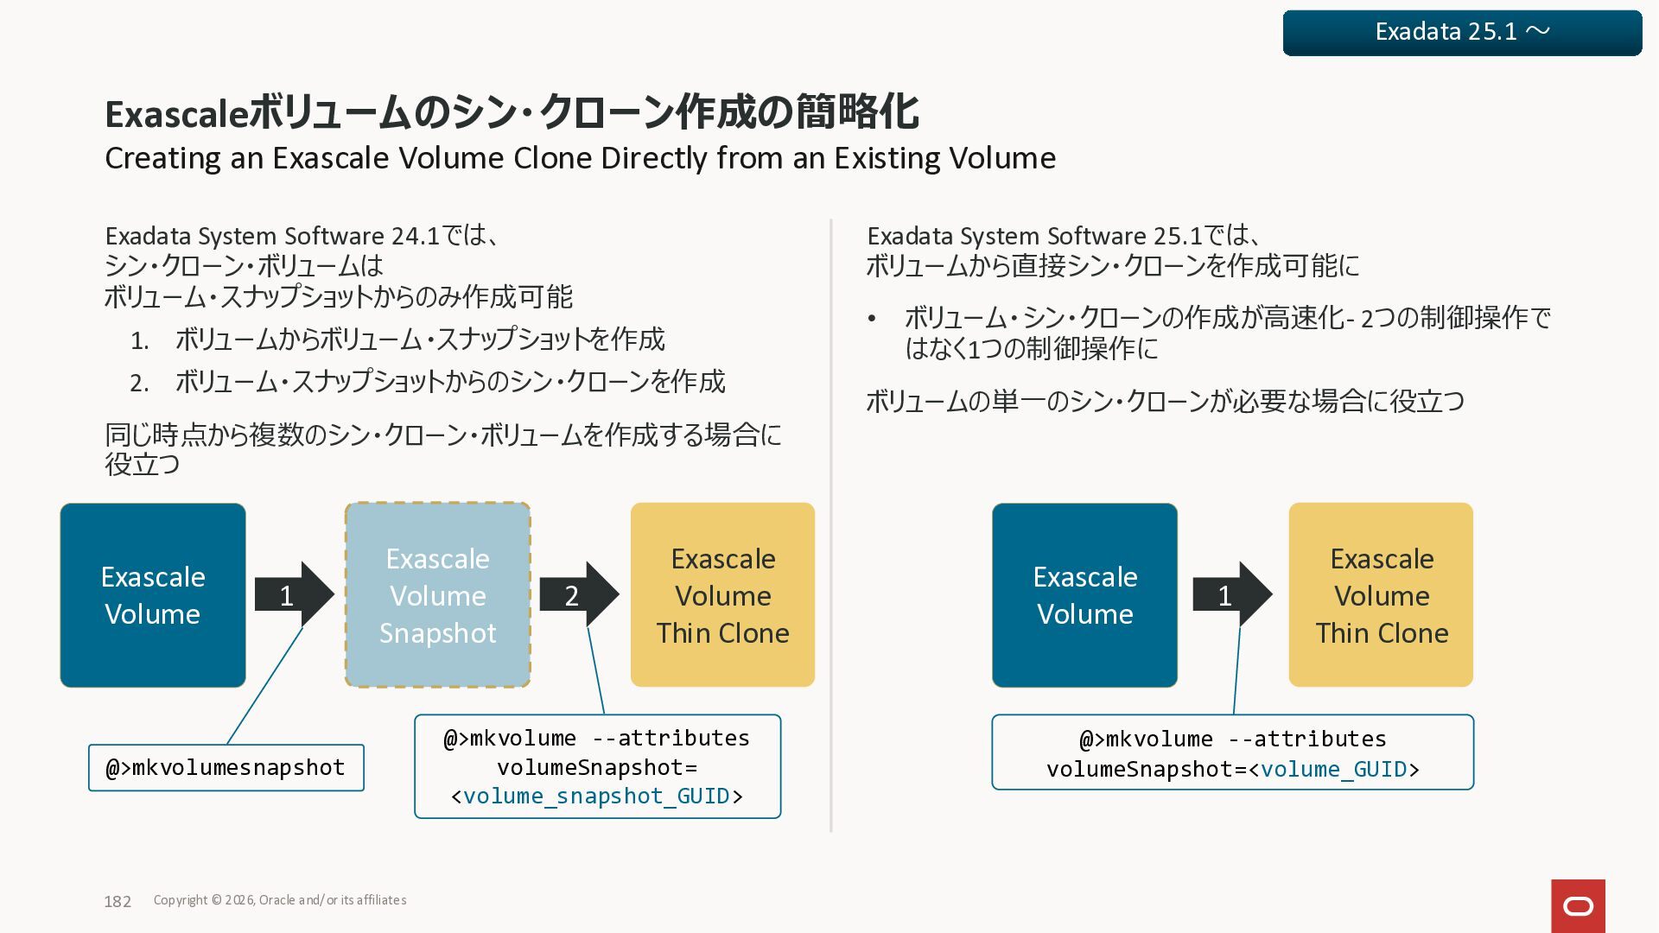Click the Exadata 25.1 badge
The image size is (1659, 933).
pyautogui.click(x=1462, y=33)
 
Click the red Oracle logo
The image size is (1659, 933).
pyautogui.click(x=1578, y=905)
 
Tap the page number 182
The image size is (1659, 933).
pyautogui.click(x=118, y=901)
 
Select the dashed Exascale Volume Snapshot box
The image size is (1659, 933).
pyautogui.click(x=437, y=595)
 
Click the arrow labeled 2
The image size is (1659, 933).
pyautogui.click(x=578, y=594)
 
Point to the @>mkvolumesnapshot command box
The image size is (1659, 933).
pyautogui.click(x=226, y=767)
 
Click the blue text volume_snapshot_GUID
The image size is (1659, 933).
pyautogui.click(x=596, y=796)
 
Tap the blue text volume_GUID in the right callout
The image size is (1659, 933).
pyautogui.click(x=1334, y=769)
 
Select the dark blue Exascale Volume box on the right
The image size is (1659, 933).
pyautogui.click(x=1084, y=595)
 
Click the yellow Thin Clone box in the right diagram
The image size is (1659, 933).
pyautogui.click(x=1381, y=595)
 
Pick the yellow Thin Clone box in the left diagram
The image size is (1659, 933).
pyautogui.click(x=722, y=595)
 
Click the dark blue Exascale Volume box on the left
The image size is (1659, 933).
pyautogui.click(x=153, y=595)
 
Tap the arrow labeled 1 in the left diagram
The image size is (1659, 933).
pyautogui.click(x=293, y=594)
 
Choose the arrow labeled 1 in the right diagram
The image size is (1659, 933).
pyautogui.click(x=1231, y=594)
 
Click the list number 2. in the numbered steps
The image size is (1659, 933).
pyautogui.click(x=139, y=383)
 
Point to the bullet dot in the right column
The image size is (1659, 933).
pyautogui.click(x=872, y=319)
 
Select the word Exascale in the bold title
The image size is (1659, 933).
pyautogui.click(x=176, y=113)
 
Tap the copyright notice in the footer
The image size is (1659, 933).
pyautogui.click(x=279, y=900)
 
